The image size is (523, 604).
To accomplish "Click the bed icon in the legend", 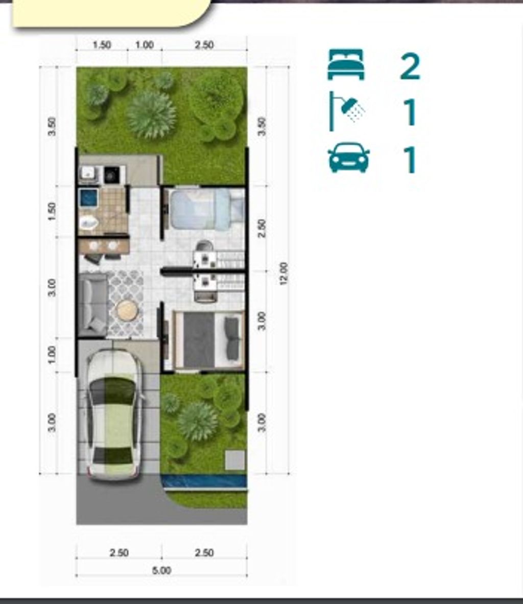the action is pos(346,64).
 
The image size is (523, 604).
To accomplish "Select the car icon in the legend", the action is pos(348,157).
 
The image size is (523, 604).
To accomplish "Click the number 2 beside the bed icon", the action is pos(410,66).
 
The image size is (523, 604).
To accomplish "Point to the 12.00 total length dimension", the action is pos(283,273).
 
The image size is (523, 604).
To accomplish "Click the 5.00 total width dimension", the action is pos(162,570).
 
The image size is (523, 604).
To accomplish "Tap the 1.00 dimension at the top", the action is pos(145,45).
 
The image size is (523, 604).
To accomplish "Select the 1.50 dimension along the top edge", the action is pos(102,45).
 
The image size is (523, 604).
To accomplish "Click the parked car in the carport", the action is pos(115,414).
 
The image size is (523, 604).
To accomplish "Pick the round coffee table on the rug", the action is pos(127,311).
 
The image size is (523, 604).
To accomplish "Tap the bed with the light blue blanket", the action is pos(207,209).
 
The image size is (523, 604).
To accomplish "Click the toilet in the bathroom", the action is pos(89,223).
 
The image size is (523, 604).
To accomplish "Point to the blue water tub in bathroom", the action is pos(88,198).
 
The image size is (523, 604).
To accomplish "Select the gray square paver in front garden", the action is pos(235,460).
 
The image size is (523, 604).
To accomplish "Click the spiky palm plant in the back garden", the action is pos(151,114).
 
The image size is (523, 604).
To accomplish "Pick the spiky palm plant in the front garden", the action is pos(198,421).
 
